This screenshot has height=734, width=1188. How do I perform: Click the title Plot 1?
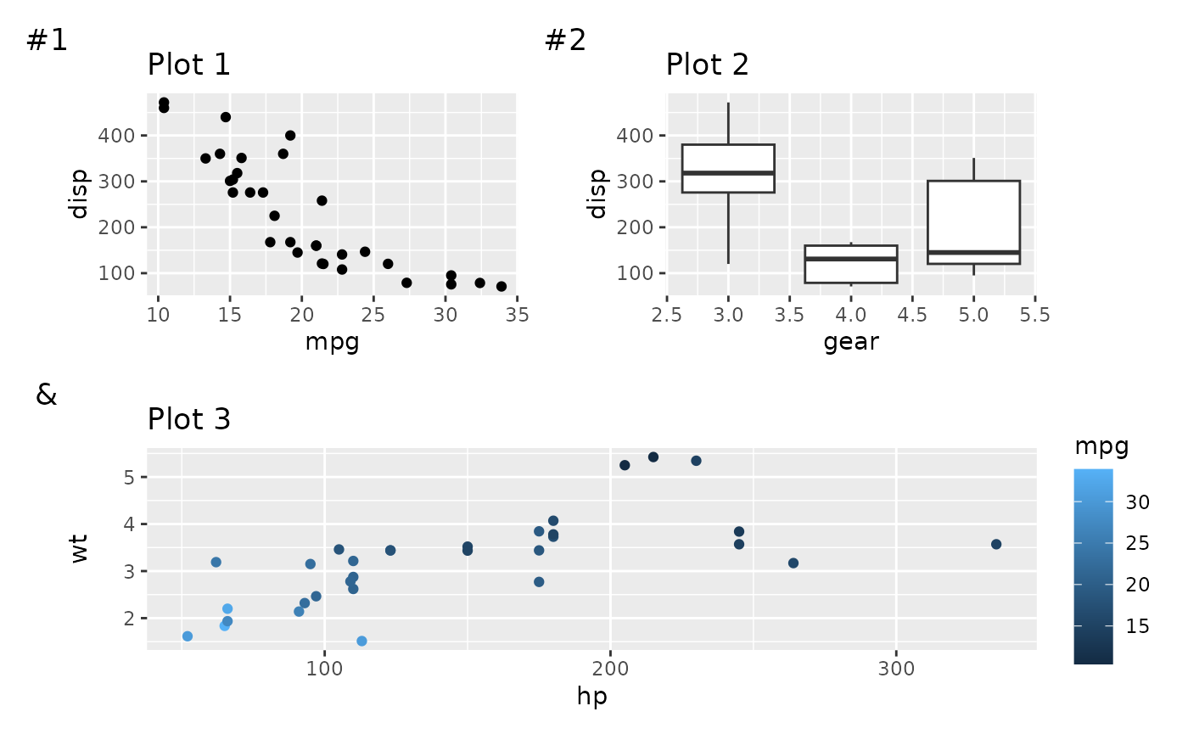pos(188,64)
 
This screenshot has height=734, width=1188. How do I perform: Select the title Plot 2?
pos(707,64)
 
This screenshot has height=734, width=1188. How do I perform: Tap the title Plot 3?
pos(188,419)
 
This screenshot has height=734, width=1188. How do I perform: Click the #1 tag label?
pos(48,40)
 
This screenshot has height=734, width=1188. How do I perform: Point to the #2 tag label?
pos(565,40)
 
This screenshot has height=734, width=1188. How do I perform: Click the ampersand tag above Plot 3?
pos(47,395)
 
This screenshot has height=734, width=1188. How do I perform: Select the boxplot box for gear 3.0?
pos(728,168)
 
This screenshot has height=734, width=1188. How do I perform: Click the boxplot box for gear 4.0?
pos(850,264)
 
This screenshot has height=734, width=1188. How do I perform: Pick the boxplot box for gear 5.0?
pos(973,222)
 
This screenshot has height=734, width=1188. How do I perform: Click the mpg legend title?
pos(1101,446)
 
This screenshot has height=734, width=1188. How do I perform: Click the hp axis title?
pos(591,697)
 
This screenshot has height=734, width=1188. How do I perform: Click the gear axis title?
pos(850,342)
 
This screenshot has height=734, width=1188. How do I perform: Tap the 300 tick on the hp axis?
pos(896,669)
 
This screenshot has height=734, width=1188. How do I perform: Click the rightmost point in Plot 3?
pos(996,544)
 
